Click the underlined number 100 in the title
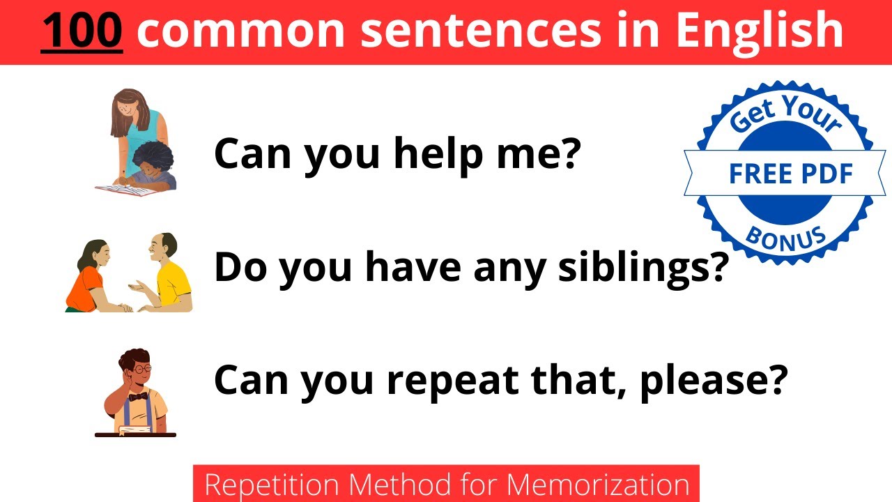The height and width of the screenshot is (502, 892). pyautogui.click(x=82, y=31)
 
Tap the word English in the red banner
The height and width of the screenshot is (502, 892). pyautogui.click(x=760, y=31)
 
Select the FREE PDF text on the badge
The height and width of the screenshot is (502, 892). pyautogui.click(x=790, y=174)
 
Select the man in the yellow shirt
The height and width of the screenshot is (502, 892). pyautogui.click(x=167, y=275)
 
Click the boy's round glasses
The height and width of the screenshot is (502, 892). pyautogui.click(x=141, y=368)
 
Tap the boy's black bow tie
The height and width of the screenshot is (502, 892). pyautogui.click(x=138, y=396)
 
